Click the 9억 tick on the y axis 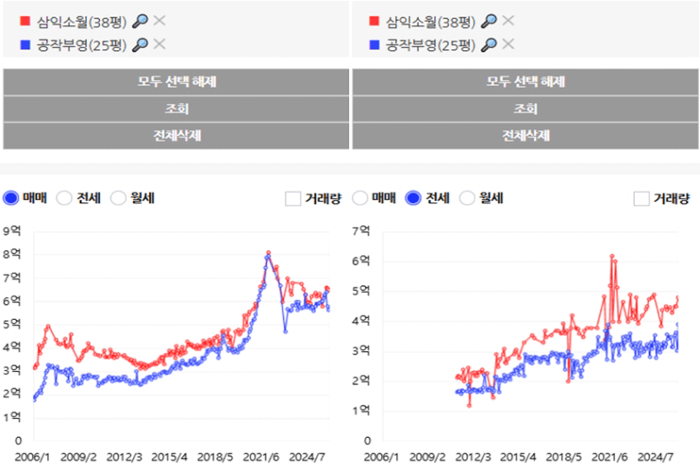point(12,231)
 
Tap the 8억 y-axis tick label point(12,255)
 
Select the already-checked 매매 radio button point(11,198)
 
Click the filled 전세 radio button point(413,198)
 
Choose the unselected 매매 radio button point(360,198)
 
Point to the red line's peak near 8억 point(268,253)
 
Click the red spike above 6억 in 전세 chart point(612,256)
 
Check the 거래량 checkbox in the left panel point(293,199)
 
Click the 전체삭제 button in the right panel point(525,136)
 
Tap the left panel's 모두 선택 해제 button point(176,82)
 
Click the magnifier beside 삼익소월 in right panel point(489,21)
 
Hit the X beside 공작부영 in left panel point(160,44)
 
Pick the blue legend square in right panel point(373,44)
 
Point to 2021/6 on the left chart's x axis point(261,455)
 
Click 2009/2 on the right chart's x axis point(428,455)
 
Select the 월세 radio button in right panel point(466,198)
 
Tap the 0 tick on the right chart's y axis point(367,441)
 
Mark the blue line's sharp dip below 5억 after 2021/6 point(284,330)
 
